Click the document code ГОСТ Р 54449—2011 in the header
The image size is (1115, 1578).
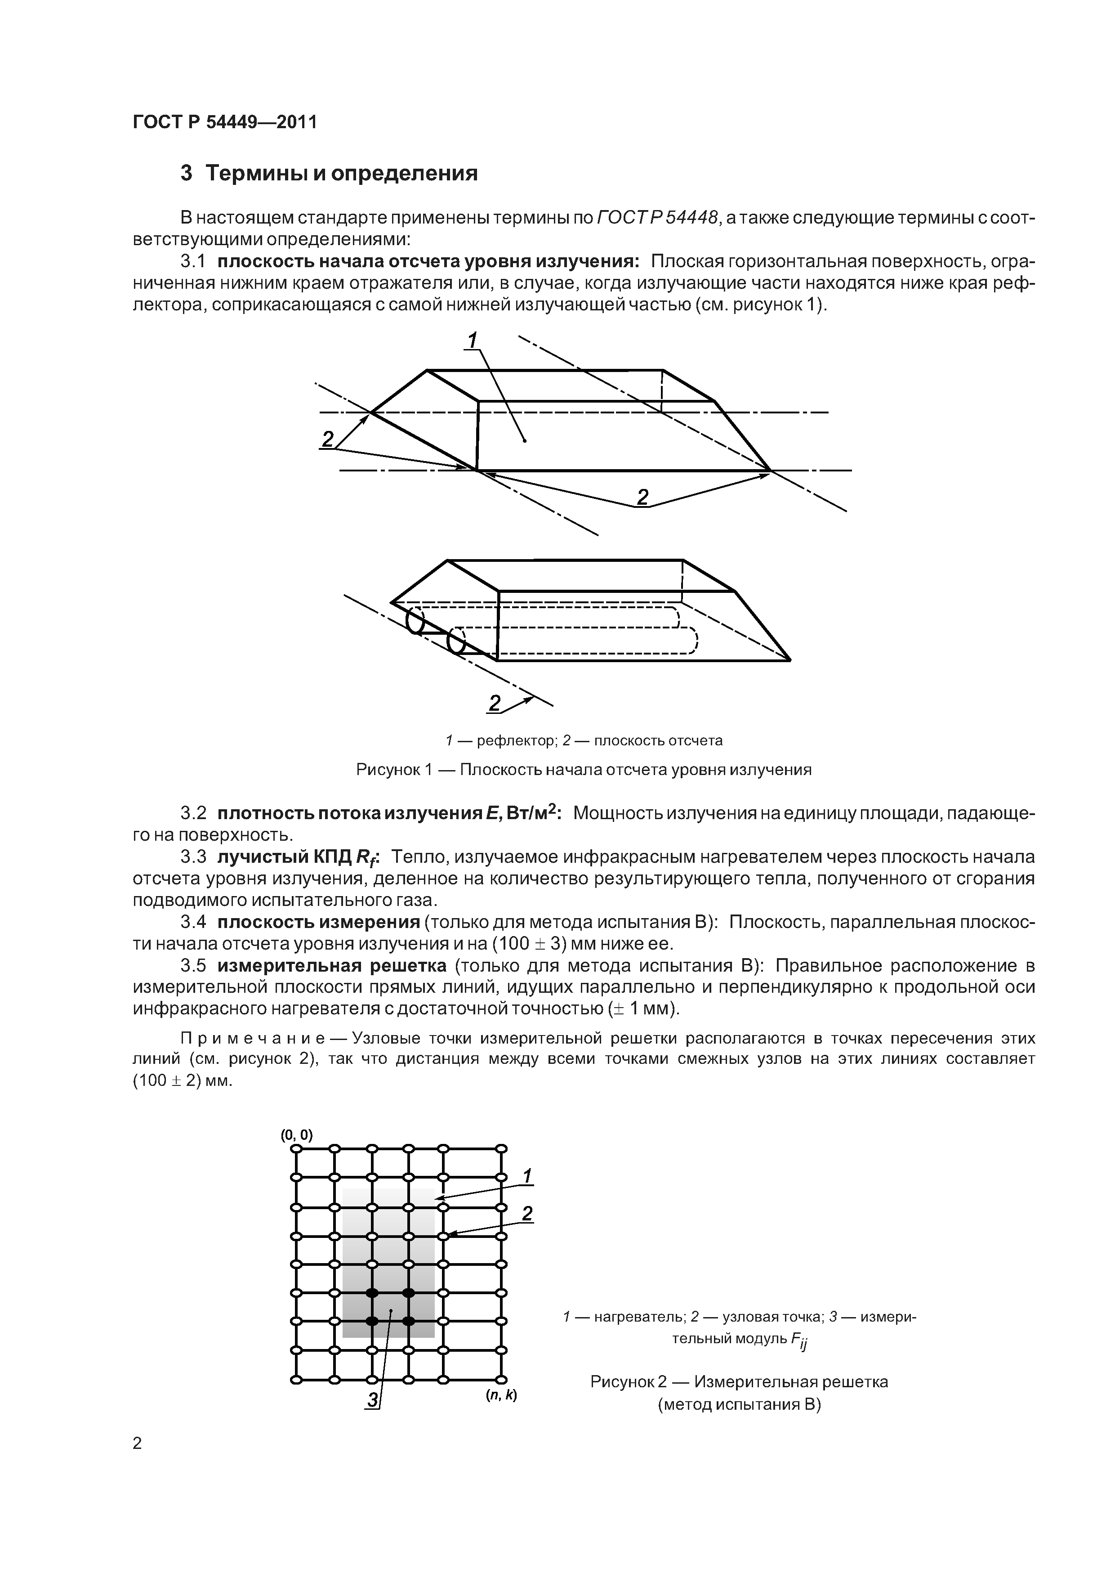coord(225,122)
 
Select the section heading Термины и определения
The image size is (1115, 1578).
coord(341,173)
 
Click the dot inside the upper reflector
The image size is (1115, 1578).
coord(524,440)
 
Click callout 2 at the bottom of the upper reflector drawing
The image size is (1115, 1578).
coord(642,496)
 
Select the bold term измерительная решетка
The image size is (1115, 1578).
coord(332,966)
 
